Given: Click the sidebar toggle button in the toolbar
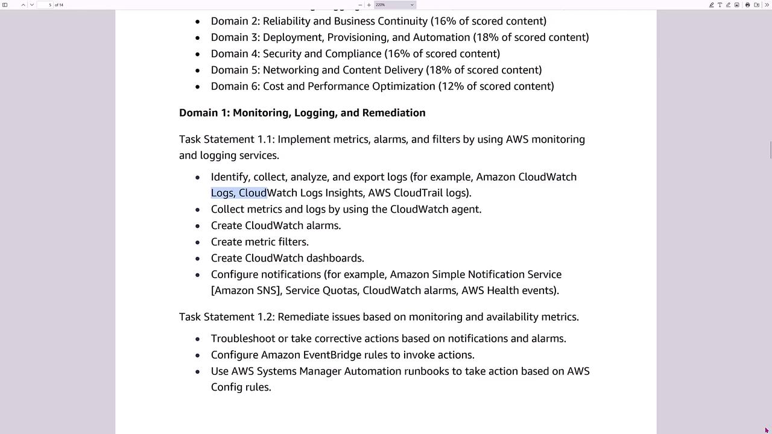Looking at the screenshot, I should click(5, 5).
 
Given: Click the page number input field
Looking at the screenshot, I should click(46, 5).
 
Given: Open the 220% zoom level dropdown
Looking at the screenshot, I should click(394, 5).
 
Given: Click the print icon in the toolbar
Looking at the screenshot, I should click(747, 5).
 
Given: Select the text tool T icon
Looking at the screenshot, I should click(720, 5).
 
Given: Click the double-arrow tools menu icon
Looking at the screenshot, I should click(766, 5).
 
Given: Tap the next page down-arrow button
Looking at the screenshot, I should click(32, 5).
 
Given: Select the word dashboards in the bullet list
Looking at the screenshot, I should click(335, 258).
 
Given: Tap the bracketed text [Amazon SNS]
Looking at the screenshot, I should click(246, 291).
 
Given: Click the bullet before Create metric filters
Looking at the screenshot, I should click(197, 242).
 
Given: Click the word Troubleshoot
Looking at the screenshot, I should click(243, 339).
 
